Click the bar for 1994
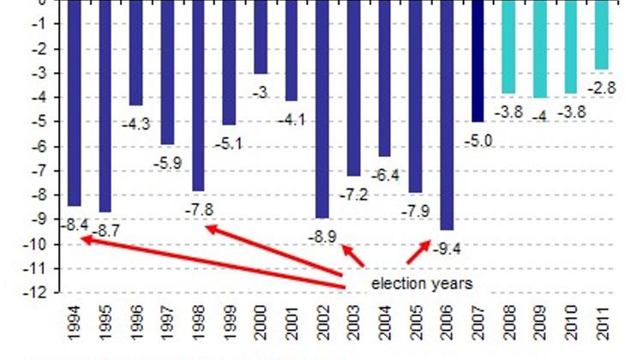tap(75, 103)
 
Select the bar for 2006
tap(447, 115)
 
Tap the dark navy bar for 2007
tap(478, 60)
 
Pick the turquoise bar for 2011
tap(602, 34)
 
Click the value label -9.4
tap(448, 250)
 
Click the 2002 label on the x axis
tap(323, 325)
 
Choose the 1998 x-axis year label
tap(199, 325)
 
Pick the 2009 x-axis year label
tap(540, 325)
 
